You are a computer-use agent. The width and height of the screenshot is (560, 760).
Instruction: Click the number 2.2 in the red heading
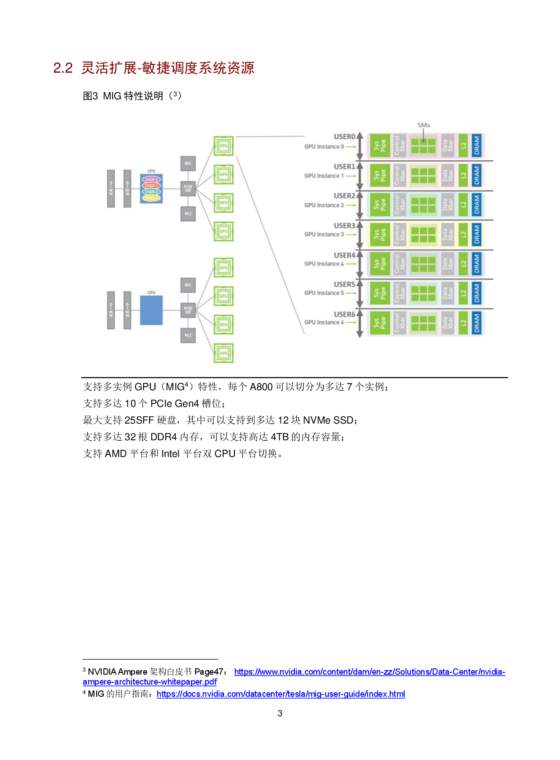pos(63,68)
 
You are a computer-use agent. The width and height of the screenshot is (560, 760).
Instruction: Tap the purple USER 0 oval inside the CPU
pos(151,180)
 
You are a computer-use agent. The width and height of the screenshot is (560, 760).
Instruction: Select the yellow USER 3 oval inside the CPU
pos(151,198)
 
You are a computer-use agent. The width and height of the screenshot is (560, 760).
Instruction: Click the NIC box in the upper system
pos(188,163)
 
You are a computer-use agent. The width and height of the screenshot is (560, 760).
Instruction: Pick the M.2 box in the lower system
pos(188,336)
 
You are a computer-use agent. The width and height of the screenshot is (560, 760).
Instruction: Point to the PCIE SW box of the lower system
pos(188,310)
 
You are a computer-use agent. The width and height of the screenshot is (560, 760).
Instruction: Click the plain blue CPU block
pos(151,310)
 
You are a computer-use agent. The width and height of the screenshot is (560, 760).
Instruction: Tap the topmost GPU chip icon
pos(224,146)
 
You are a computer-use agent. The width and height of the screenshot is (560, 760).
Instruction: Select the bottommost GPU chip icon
pos(224,353)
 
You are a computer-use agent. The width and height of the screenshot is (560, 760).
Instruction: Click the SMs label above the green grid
pos(424,125)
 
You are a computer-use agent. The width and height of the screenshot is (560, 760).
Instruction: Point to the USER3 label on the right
pos(344,226)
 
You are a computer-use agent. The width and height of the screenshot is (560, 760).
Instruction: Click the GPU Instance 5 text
pos(324,293)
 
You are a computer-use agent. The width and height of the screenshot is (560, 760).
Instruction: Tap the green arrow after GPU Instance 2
pos(351,205)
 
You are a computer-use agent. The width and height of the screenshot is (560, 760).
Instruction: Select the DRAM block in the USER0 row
pos(476,146)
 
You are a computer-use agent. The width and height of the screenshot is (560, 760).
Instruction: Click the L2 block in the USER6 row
pos(463,323)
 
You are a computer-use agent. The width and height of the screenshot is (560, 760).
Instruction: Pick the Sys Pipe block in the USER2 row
pos(380,205)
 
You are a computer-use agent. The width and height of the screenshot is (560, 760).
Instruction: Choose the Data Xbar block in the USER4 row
pos(447,264)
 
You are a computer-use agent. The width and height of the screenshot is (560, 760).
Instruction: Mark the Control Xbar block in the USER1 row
pos(400,175)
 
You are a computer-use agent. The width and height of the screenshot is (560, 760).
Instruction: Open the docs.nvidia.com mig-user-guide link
pos(281,694)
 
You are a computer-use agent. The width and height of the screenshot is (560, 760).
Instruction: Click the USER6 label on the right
pos(344,314)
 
